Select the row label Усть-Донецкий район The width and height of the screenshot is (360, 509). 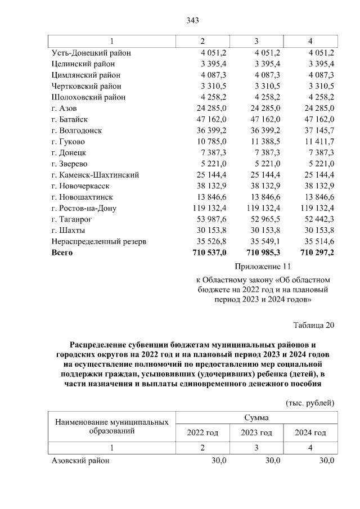pyautogui.click(x=91, y=53)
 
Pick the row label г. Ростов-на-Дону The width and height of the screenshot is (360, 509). pyautogui.click(x=84, y=208)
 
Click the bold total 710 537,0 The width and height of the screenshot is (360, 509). pyautogui.click(x=209, y=253)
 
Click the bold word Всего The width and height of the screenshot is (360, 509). pyautogui.click(x=62, y=253)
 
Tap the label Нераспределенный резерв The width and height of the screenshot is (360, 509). pyautogui.click(x=99, y=242)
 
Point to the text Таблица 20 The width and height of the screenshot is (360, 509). pyautogui.click(x=314, y=325)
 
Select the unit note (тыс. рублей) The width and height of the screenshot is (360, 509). pyautogui.click(x=310, y=403)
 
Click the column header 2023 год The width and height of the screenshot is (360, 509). pyautogui.click(x=256, y=433)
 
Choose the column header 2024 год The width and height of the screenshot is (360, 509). pyautogui.click(x=310, y=433)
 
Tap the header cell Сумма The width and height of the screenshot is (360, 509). pyautogui.click(x=256, y=418)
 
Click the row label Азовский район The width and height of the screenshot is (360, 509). pyautogui.click(x=80, y=461)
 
